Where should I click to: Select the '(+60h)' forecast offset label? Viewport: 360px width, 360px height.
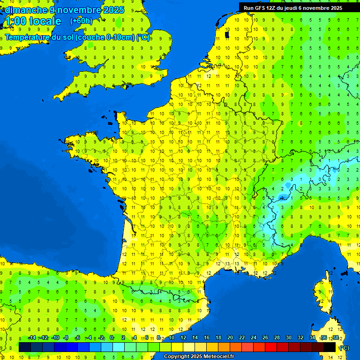[x=81, y=21]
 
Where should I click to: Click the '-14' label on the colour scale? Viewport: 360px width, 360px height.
[x=32, y=338]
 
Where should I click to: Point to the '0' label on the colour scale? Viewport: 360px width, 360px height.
[x=112, y=338]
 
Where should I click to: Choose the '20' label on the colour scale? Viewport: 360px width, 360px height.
[x=230, y=338]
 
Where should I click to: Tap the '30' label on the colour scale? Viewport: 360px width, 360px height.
[x=289, y=338]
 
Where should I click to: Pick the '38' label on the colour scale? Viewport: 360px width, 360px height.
[x=335, y=338]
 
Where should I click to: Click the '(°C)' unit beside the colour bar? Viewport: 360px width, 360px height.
[x=344, y=348]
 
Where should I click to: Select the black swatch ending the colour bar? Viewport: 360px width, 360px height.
[x=330, y=347]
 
